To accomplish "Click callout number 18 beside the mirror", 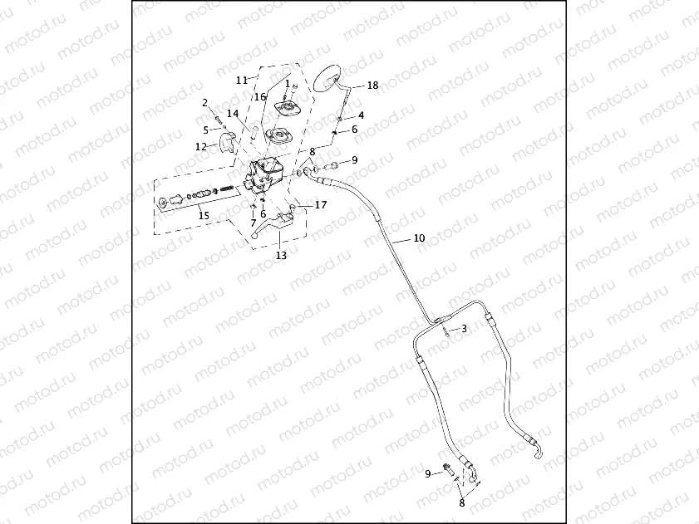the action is (x=372, y=86).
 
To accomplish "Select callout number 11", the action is (x=241, y=80).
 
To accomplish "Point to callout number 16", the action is (x=259, y=97).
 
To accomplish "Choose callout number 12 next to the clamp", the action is (x=200, y=146).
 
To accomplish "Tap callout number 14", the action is (x=233, y=114).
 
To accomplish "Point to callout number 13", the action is (x=281, y=256).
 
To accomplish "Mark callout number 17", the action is (x=321, y=204).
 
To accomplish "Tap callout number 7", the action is (x=254, y=223).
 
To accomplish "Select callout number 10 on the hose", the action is (x=419, y=238).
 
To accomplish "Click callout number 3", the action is (x=464, y=329).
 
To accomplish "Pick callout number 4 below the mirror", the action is (x=361, y=115).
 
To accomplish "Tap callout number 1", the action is (x=288, y=84).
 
